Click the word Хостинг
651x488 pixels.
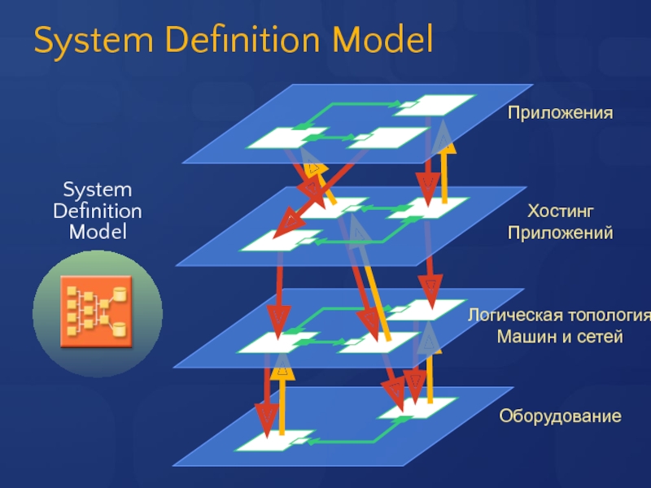pyautogui.click(x=561, y=212)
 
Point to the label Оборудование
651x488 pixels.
pyautogui.click(x=560, y=416)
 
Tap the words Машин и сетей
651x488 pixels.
pyautogui.click(x=560, y=336)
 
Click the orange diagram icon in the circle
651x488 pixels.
pyautogui.click(x=97, y=313)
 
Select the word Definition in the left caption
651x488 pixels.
pyautogui.click(x=97, y=211)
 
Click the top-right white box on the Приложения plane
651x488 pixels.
pyautogui.click(x=444, y=104)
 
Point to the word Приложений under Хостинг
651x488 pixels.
pyautogui.click(x=561, y=233)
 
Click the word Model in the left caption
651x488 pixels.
pyautogui.click(x=97, y=232)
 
